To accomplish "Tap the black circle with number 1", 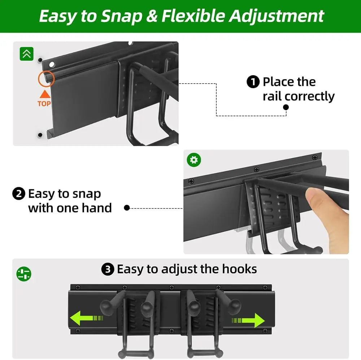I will [253, 82].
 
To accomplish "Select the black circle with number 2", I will [18, 194].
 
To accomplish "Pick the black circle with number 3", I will [108, 270].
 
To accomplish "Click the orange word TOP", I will [44, 104].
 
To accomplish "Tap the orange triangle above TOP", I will [44, 95].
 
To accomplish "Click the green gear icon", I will [194, 159].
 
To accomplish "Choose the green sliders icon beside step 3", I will [24, 274].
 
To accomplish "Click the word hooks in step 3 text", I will [240, 269].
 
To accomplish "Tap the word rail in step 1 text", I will [272, 97].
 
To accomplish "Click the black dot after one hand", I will [127, 208].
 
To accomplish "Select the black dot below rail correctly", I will [286, 107].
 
